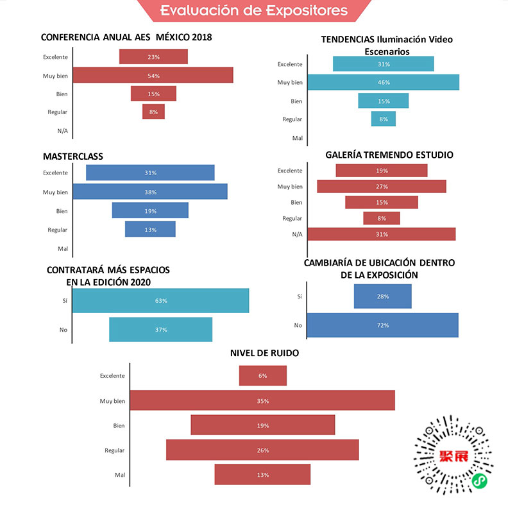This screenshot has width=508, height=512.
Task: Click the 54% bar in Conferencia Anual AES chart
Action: pyautogui.click(x=153, y=76)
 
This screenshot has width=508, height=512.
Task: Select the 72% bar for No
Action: pyautogui.click(x=382, y=325)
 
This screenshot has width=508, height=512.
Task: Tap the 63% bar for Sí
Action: pyautogui.click(x=160, y=301)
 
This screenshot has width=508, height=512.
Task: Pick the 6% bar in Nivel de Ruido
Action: pyautogui.click(x=263, y=375)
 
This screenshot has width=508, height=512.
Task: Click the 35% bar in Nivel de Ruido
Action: pyautogui.click(x=262, y=401)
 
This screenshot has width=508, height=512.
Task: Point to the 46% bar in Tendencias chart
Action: pyautogui.click(x=383, y=82)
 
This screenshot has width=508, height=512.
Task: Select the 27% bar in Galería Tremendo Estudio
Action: pyautogui.click(x=382, y=187)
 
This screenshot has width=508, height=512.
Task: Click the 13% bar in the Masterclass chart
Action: pyautogui.click(x=150, y=229)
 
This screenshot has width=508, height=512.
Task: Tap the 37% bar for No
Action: pyautogui.click(x=160, y=330)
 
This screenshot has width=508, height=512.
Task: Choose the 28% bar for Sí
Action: pyautogui.click(x=382, y=296)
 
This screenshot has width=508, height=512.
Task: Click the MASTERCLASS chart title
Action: pyautogui.click(x=73, y=157)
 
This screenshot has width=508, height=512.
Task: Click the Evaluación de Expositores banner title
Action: pyautogui.click(x=254, y=10)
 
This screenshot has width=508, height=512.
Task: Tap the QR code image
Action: pyautogui.click(x=453, y=457)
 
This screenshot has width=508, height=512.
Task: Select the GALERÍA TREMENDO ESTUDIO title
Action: pyautogui.click(x=389, y=155)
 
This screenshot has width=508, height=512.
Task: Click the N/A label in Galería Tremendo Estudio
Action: pyautogui.click(x=297, y=234)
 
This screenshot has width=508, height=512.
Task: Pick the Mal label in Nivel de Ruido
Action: pyautogui.click(x=119, y=475)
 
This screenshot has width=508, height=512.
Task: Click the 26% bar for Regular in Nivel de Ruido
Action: pyautogui.click(x=262, y=450)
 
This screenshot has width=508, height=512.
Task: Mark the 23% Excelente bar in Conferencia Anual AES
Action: pyautogui.click(x=153, y=56)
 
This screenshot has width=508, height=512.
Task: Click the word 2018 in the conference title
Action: pyautogui.click(x=198, y=37)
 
